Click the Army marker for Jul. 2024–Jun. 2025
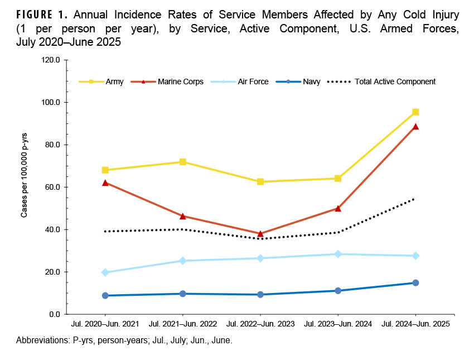click(x=415, y=112)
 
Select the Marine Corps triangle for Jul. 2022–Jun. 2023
click(x=260, y=233)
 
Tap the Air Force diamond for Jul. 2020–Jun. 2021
click(x=105, y=272)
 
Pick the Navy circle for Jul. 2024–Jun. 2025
click(x=415, y=283)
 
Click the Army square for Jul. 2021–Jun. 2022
click(x=183, y=162)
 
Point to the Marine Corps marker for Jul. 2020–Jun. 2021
click(x=105, y=182)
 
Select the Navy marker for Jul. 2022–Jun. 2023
click(x=260, y=295)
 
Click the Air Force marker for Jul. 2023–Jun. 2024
click(x=338, y=254)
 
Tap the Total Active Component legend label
click(x=395, y=81)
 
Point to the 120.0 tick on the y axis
click(x=51, y=60)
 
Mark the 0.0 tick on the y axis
click(x=55, y=314)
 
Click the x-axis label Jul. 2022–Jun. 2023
click(x=260, y=324)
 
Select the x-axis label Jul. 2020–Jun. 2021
click(x=105, y=324)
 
